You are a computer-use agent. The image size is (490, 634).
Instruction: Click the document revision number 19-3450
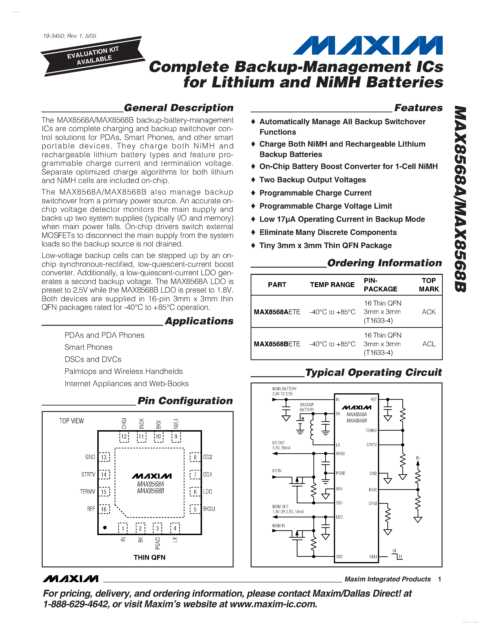pyautogui.click(x=54, y=36)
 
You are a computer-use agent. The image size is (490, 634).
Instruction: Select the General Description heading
pyautogui.click(x=178, y=108)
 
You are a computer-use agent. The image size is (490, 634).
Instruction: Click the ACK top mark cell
pyautogui.click(x=428, y=312)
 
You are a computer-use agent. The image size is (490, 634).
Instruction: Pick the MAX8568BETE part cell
pyautogui.click(x=277, y=344)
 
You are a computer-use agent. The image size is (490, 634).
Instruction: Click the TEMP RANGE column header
pyautogui.click(x=332, y=284)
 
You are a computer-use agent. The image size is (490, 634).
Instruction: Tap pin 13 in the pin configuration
pyautogui.click(x=104, y=457)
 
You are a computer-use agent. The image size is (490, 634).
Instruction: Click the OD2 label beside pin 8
pyautogui.click(x=208, y=457)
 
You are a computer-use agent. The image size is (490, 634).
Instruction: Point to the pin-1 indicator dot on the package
pyautogui.click(x=105, y=527)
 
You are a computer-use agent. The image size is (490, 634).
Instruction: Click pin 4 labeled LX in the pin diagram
pyautogui.click(x=175, y=528)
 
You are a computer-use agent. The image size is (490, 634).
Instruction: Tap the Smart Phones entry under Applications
pyautogui.click(x=88, y=347)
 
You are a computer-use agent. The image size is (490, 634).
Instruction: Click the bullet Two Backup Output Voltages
pyautogui.click(x=312, y=180)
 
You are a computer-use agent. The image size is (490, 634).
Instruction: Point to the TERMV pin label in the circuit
pyautogui.click(x=371, y=430)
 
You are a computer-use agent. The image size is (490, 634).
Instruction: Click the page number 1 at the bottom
pyautogui.click(x=440, y=579)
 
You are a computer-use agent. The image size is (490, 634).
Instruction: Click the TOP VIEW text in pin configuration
pyautogui.click(x=71, y=421)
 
